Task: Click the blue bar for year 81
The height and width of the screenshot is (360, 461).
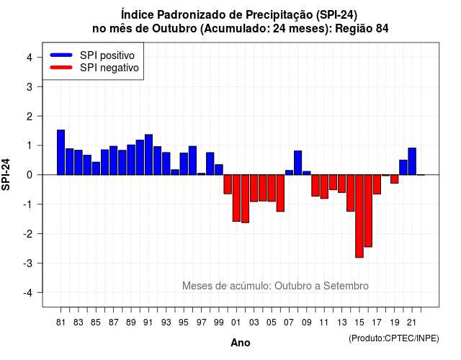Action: [61, 152]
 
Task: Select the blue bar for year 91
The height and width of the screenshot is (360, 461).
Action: [148, 155]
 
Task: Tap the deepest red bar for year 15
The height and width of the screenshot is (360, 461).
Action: [359, 216]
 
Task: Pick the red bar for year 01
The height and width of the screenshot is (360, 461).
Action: [236, 198]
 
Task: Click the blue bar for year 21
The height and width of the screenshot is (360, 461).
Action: [412, 161]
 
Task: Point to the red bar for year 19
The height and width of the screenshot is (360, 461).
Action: [395, 179]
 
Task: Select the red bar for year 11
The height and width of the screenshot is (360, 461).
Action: [324, 186]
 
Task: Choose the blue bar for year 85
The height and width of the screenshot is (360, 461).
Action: [96, 168]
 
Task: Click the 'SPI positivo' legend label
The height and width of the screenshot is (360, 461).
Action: [107, 55]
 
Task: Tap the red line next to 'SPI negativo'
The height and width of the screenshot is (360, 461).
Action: [61, 68]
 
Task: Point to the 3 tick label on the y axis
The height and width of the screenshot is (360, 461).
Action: [30, 86]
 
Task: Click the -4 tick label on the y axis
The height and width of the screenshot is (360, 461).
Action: [28, 293]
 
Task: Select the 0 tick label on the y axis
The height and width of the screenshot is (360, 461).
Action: [30, 175]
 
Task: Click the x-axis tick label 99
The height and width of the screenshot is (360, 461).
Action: [219, 323]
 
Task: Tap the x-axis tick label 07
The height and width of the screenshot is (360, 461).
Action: [289, 323]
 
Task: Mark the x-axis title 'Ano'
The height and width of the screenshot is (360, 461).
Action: [241, 343]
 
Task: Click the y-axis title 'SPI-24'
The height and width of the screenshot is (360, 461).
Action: [6, 174]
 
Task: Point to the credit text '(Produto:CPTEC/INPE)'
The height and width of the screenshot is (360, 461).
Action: [394, 338]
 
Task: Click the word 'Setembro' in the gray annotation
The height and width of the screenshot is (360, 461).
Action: [346, 286]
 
